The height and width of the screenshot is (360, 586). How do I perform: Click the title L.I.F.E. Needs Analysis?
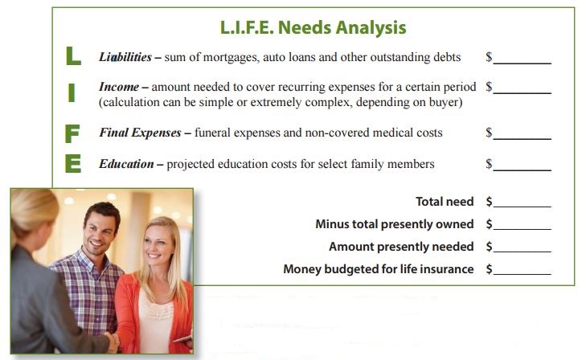(x=313, y=27)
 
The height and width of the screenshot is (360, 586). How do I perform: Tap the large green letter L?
(x=73, y=56)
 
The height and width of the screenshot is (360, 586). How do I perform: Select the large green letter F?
(x=72, y=133)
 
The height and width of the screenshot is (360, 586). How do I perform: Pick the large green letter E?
(x=73, y=164)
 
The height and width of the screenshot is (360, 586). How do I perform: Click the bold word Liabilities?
(x=125, y=57)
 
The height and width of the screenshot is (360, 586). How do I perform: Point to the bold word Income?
(x=119, y=87)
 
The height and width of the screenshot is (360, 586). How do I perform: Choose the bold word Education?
(x=126, y=164)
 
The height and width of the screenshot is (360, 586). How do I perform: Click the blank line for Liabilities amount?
(x=522, y=63)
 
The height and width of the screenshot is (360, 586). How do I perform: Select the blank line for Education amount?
(x=522, y=170)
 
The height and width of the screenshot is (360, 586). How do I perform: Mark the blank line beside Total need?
(x=522, y=207)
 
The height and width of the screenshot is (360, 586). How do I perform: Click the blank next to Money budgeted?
(x=522, y=274)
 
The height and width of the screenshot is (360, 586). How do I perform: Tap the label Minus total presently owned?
(x=395, y=224)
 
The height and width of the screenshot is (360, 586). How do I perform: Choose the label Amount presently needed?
(x=401, y=247)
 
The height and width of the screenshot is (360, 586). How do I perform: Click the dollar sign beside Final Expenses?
(x=489, y=133)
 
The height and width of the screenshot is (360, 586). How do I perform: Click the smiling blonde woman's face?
(x=159, y=244)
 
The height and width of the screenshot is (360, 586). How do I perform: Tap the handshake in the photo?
(x=112, y=341)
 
